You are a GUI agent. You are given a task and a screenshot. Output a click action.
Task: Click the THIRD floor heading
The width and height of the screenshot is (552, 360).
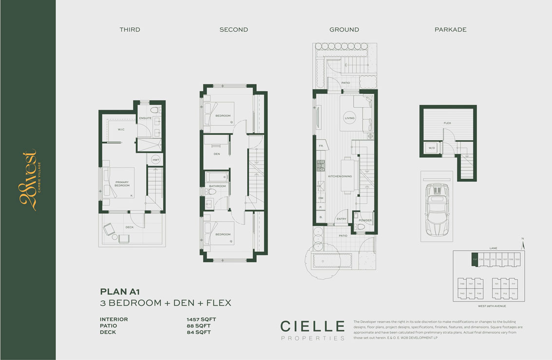pos(130,30)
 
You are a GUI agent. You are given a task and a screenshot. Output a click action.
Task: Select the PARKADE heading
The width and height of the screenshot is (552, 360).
pos(450,30)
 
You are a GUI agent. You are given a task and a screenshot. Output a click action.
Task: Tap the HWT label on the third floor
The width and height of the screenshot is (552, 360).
pos(155,160)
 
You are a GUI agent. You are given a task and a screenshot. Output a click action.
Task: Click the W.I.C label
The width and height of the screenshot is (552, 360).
pos(121,130)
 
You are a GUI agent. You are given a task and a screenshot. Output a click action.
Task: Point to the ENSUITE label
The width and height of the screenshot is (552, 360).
pos(145,118)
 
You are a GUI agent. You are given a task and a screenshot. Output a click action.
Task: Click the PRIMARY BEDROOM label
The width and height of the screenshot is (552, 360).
pos(122,184)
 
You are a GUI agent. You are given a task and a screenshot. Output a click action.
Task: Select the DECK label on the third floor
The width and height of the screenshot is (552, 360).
pos(129,227)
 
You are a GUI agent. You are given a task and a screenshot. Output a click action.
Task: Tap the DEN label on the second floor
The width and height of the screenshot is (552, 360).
pos(217,154)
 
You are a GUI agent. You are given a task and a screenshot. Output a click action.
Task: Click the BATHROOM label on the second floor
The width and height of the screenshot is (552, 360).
pos(217,186)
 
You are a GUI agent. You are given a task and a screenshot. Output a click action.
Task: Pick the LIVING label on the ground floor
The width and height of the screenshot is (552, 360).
pos(350,118)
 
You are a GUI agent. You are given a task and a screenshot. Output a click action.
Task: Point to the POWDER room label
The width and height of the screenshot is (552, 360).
pos(365,220)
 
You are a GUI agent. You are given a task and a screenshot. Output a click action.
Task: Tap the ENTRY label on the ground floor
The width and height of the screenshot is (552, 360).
pos(342,219)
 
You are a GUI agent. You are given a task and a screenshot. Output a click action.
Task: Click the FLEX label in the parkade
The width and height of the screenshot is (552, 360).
pos(447,123)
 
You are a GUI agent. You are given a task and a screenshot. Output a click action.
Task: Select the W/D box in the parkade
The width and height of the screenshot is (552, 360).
pos(432,148)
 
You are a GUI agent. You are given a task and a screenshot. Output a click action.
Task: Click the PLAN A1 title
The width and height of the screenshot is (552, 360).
pos(120,292)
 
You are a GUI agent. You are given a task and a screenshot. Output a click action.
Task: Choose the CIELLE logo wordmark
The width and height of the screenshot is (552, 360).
pos(313,326)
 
